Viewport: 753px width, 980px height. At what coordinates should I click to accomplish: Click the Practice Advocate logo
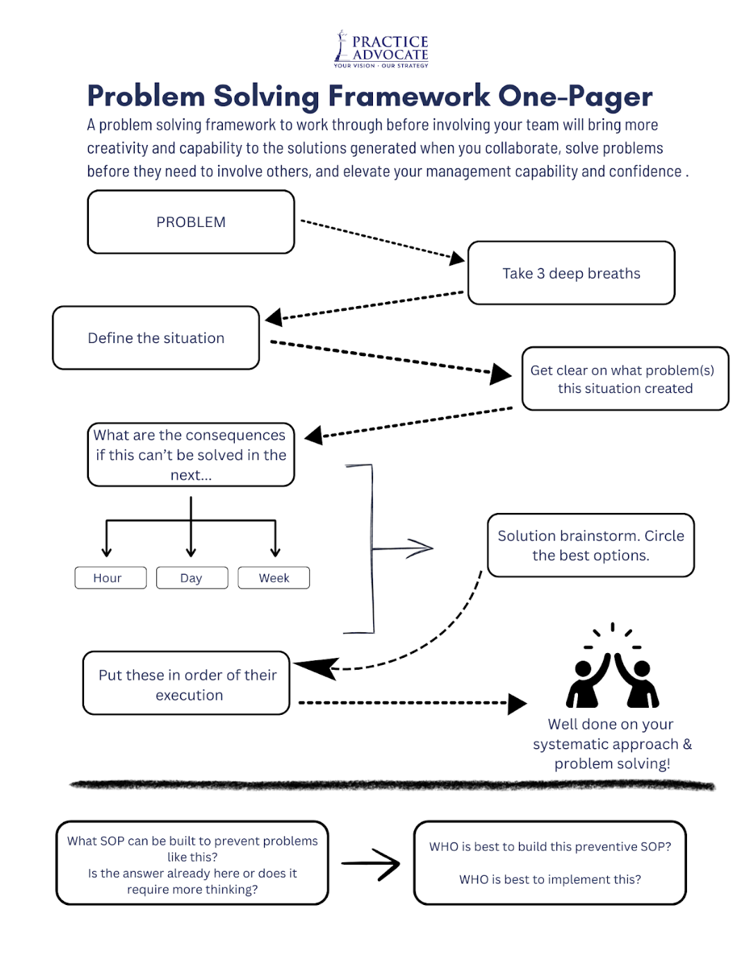point(381,49)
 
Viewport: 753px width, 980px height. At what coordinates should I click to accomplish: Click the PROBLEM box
point(191,222)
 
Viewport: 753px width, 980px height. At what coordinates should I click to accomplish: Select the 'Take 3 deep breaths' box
point(571,273)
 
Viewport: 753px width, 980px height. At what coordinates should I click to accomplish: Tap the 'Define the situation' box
point(156,338)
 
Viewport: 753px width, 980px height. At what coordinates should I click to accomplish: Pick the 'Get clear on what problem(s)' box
point(625,378)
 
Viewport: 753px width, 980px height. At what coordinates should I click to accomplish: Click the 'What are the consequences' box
point(191,454)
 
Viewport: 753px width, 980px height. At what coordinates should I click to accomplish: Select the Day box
point(192,577)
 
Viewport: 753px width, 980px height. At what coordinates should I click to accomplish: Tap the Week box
point(274,577)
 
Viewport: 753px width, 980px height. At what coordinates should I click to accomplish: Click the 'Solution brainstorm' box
point(591,545)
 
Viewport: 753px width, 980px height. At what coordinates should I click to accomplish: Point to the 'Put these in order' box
point(186,683)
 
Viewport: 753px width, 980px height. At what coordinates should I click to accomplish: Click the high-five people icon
point(612,665)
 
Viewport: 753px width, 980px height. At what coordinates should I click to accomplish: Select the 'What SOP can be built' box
point(192,863)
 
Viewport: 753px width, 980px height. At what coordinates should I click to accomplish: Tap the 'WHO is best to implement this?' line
point(550,879)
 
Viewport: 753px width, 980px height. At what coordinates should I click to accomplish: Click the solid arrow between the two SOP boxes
point(370,863)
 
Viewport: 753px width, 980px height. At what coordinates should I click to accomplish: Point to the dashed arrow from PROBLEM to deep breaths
point(383,240)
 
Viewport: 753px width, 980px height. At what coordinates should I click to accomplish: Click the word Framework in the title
point(408,96)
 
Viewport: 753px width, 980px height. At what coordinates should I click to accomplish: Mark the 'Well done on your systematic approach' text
point(612,744)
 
